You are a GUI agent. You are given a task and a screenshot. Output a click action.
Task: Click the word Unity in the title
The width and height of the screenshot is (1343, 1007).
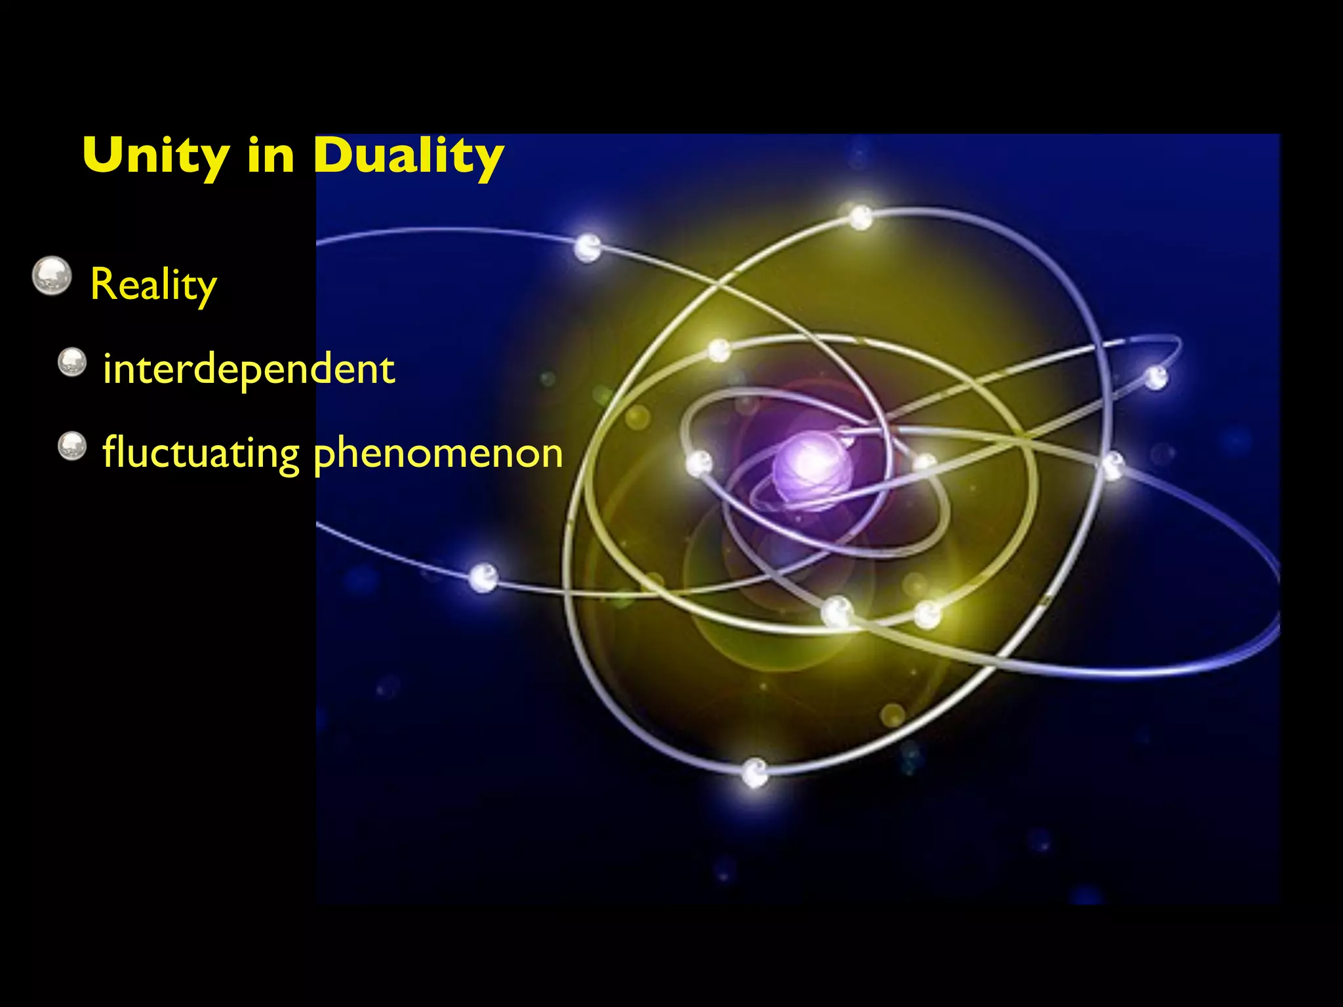click(156, 156)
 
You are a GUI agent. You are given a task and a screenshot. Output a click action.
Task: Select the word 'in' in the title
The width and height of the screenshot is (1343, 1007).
click(271, 156)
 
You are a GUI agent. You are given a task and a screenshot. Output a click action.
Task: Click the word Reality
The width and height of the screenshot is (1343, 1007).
click(153, 285)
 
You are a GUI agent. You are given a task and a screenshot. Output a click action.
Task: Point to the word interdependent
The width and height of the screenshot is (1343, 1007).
click(249, 369)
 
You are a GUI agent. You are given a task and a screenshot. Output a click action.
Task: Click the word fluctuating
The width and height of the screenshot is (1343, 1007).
click(201, 453)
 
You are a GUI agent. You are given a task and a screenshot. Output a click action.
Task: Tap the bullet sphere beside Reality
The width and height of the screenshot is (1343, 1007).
click(52, 276)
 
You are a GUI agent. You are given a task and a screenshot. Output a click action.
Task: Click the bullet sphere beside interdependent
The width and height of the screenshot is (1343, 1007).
click(72, 362)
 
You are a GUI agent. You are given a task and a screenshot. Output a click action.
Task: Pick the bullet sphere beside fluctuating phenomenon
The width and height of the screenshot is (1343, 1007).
click(72, 446)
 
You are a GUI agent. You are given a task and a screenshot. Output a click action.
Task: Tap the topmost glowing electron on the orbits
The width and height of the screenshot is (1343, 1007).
click(860, 216)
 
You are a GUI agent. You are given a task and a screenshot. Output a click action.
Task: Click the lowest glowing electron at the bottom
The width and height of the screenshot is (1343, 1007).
click(755, 772)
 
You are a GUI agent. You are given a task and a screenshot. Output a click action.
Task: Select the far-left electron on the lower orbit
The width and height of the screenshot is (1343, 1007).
click(484, 578)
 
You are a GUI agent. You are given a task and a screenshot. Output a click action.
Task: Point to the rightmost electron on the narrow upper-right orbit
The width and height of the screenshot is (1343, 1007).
click(1155, 378)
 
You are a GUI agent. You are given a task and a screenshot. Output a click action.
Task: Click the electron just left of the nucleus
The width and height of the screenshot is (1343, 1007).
click(698, 463)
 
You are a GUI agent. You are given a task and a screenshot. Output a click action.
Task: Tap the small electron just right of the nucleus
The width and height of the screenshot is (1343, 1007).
click(925, 462)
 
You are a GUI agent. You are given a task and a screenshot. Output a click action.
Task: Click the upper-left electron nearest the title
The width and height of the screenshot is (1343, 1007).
click(588, 247)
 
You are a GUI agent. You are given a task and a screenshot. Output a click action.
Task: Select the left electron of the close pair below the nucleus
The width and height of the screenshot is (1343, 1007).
click(837, 611)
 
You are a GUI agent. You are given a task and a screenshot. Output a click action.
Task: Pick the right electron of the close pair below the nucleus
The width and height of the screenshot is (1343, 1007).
click(928, 614)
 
